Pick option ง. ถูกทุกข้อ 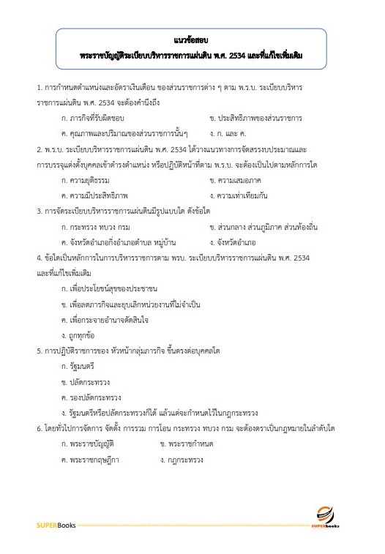(x=82, y=335)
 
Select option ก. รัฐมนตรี (x=80, y=366)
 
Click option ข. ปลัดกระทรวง (x=86, y=381)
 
